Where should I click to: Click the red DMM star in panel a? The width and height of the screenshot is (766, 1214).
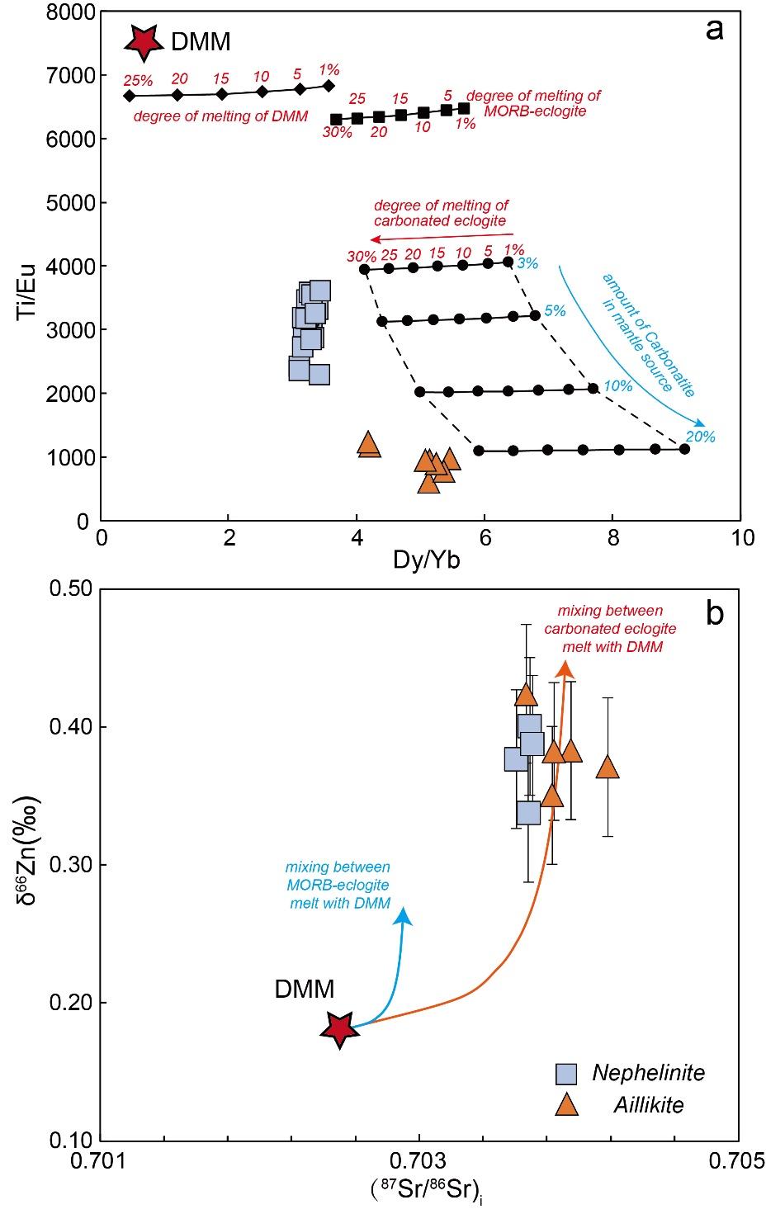click(144, 41)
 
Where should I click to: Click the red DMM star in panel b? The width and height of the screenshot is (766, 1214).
click(338, 1028)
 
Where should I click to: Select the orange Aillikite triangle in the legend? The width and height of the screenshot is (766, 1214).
click(566, 1104)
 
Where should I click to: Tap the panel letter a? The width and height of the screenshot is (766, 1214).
click(715, 30)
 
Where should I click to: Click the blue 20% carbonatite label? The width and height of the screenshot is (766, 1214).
click(700, 437)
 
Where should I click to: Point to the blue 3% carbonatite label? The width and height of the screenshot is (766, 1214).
click(527, 264)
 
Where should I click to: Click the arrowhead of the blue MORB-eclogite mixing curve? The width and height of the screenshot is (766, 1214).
click(403, 915)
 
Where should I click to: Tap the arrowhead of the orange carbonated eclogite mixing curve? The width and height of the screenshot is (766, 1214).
click(565, 669)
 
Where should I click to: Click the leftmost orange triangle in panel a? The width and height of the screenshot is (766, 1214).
click(369, 443)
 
